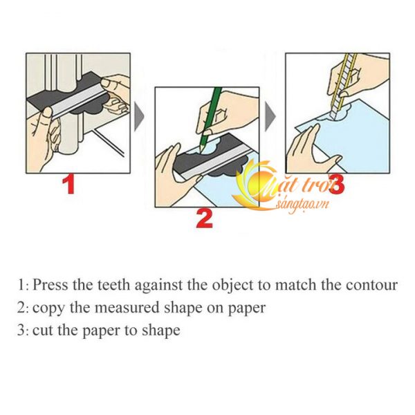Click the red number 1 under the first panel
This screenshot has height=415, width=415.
(x=69, y=185)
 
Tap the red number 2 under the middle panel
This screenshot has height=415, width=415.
(x=205, y=219)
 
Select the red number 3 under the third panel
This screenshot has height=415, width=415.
(x=337, y=185)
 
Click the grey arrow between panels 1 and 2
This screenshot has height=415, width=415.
(x=139, y=117)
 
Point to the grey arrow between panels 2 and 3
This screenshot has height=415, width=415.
(x=270, y=117)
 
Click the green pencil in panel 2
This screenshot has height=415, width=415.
(x=211, y=120)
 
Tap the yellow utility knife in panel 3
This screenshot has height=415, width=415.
(x=342, y=85)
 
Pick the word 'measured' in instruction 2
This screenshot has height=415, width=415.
(x=127, y=308)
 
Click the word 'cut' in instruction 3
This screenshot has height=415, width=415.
(x=42, y=331)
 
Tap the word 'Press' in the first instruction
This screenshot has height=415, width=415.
(x=50, y=285)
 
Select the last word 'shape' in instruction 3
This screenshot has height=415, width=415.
(x=161, y=331)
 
